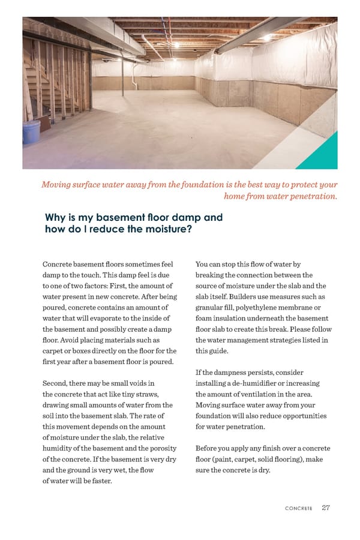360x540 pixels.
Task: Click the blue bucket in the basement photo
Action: point(31,131)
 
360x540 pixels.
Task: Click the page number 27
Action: point(326,508)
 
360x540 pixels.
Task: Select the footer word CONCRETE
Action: point(298,508)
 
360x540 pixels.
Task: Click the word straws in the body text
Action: point(146,394)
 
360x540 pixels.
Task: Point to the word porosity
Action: point(161,448)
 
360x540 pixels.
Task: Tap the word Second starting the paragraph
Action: point(57,383)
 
